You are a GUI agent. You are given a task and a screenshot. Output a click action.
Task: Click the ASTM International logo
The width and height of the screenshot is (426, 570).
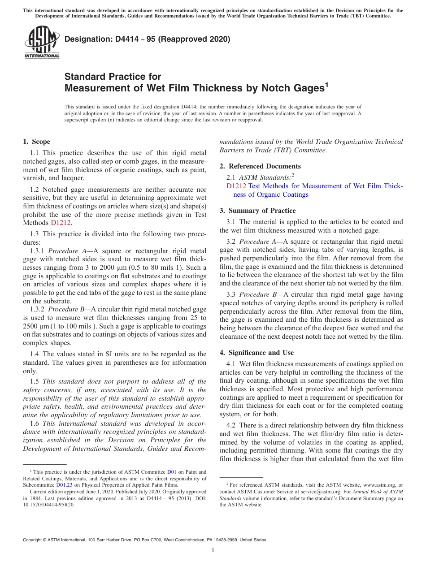click(x=41, y=42)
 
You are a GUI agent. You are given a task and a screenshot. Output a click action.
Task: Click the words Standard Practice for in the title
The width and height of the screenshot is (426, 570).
click(x=113, y=77)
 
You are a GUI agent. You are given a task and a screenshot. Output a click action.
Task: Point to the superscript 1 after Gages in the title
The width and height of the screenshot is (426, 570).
click(x=326, y=84)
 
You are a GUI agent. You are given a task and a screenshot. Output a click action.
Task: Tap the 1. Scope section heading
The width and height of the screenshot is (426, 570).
click(x=36, y=142)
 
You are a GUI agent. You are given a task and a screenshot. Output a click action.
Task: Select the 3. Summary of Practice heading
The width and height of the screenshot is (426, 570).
click(x=257, y=211)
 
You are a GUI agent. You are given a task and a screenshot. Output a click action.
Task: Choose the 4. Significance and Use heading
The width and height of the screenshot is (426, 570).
click(x=256, y=353)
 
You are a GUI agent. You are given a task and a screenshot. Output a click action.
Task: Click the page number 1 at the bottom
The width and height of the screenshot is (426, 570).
click(x=213, y=550)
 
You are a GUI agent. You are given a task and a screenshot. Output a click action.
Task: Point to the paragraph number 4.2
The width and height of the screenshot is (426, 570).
click(x=231, y=425)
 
